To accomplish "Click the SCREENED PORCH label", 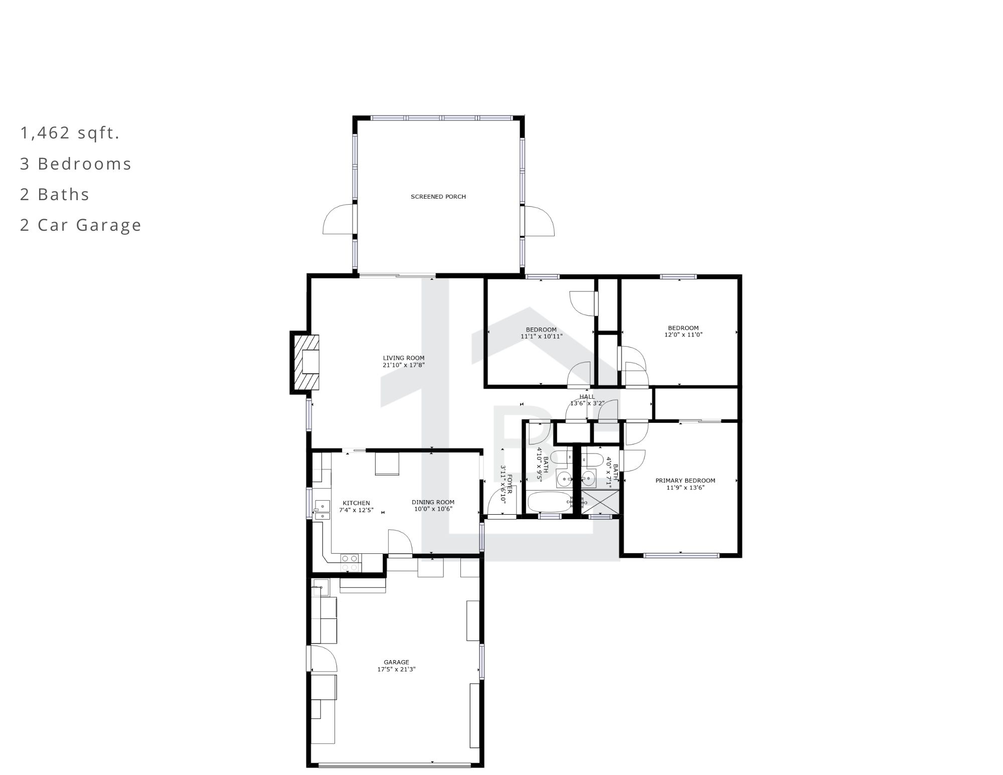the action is (438, 197).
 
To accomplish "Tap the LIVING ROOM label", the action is (404, 358).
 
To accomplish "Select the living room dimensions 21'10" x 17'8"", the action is (404, 365).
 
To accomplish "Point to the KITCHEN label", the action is (356, 503).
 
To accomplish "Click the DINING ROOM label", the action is (433, 502).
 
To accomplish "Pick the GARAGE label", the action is (397, 662).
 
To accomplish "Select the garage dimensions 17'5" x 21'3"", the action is (397, 669).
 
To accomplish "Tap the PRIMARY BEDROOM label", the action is (686, 481).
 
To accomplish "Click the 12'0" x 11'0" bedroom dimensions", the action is (684, 335).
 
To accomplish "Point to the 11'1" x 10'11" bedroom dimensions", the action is (542, 337).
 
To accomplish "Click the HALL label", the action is (587, 397).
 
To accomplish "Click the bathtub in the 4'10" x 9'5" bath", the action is (550, 502).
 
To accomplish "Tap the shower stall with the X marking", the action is (600, 502).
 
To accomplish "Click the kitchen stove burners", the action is (350, 563).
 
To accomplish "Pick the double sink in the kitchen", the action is (321, 510).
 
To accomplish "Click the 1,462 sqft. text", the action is (70, 133).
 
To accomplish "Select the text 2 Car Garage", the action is (81, 225).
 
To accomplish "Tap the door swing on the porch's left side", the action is (338, 219).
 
